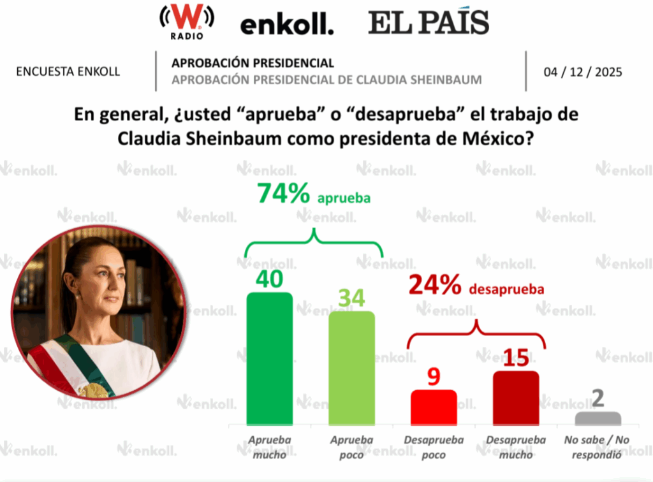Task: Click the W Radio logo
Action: [186, 22]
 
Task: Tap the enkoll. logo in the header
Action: [286, 26]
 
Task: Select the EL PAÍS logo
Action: [429, 23]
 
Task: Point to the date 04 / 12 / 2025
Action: [583, 71]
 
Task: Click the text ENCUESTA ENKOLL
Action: [68, 71]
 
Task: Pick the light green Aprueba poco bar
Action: [351, 368]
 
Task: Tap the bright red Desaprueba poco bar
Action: [434, 407]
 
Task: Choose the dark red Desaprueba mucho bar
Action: [516, 398]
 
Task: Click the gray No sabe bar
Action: [598, 418]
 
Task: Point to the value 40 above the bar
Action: [269, 279]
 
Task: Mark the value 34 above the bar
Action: [351, 298]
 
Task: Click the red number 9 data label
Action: [434, 377]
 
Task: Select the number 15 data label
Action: [516, 358]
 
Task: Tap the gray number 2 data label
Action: [598, 398]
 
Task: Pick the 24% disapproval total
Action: [435, 286]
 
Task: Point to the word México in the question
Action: [495, 139]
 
